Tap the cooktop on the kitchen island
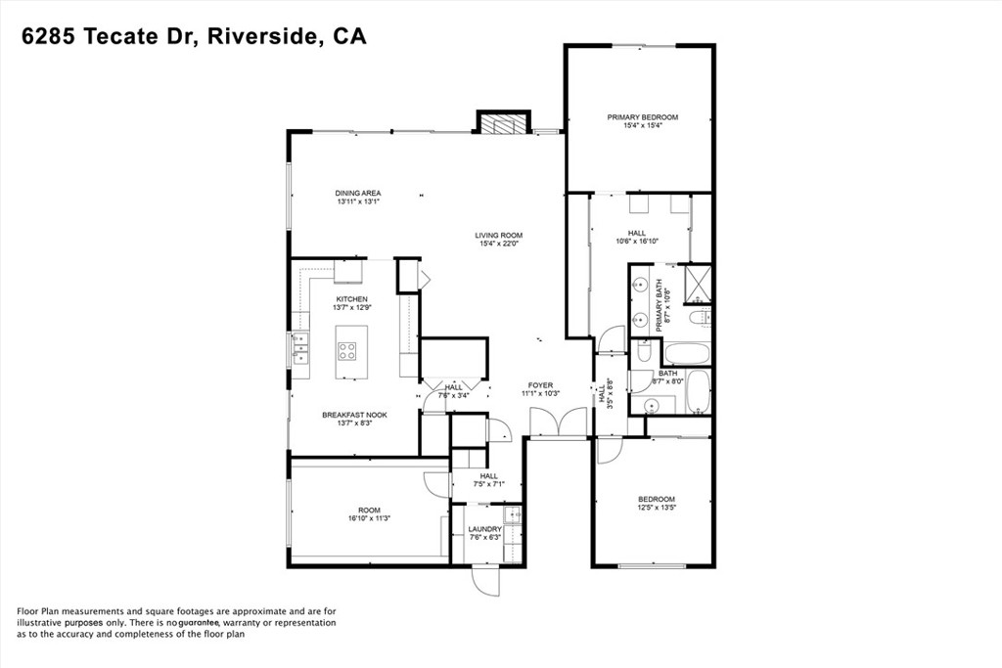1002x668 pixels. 346,349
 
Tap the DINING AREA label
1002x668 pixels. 358,193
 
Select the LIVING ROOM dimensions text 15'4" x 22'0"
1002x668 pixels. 499,245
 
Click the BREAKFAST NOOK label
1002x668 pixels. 354,415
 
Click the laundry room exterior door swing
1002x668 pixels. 485,580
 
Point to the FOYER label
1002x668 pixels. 540,384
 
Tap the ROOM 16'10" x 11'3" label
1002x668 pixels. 368,510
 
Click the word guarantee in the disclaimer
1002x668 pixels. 199,622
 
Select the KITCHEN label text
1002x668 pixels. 351,298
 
